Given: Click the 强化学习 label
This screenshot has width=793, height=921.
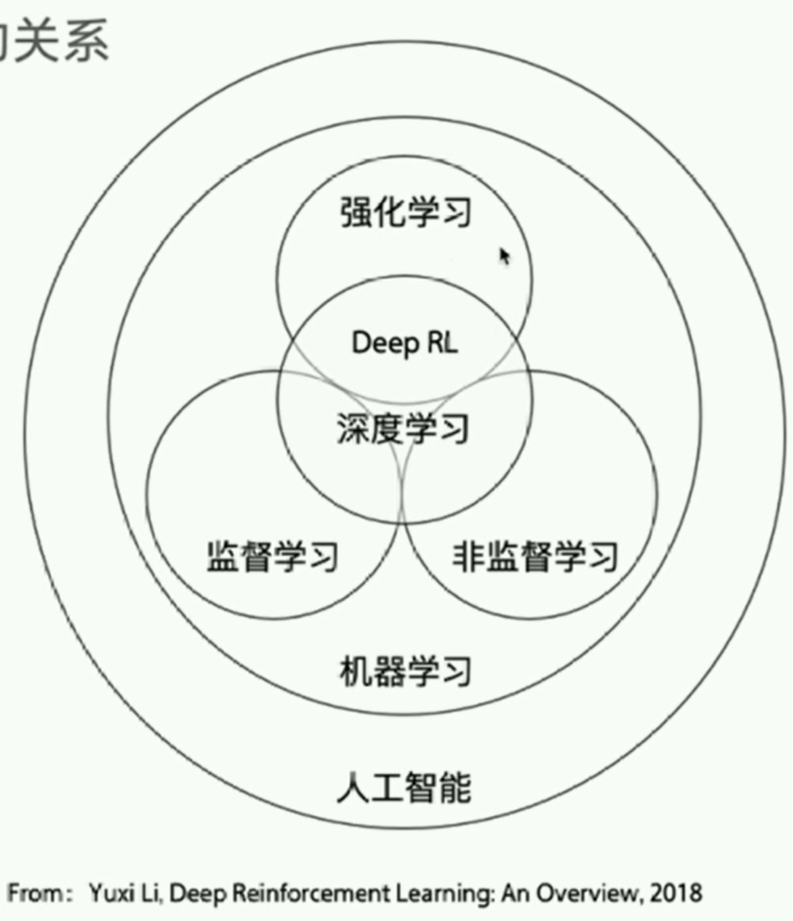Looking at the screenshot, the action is (405, 212).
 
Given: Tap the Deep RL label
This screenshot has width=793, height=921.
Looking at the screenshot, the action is (405, 343).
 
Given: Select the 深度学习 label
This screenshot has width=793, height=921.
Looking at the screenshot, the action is (404, 429).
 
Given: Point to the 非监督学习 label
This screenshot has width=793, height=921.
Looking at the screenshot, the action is (535, 558).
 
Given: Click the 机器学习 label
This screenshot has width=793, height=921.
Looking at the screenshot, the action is (405, 671).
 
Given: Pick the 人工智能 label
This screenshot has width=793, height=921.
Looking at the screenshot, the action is (405, 788).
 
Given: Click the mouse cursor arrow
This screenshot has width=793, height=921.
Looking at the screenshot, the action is (504, 256).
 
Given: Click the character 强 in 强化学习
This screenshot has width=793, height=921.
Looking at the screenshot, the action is (355, 212).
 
